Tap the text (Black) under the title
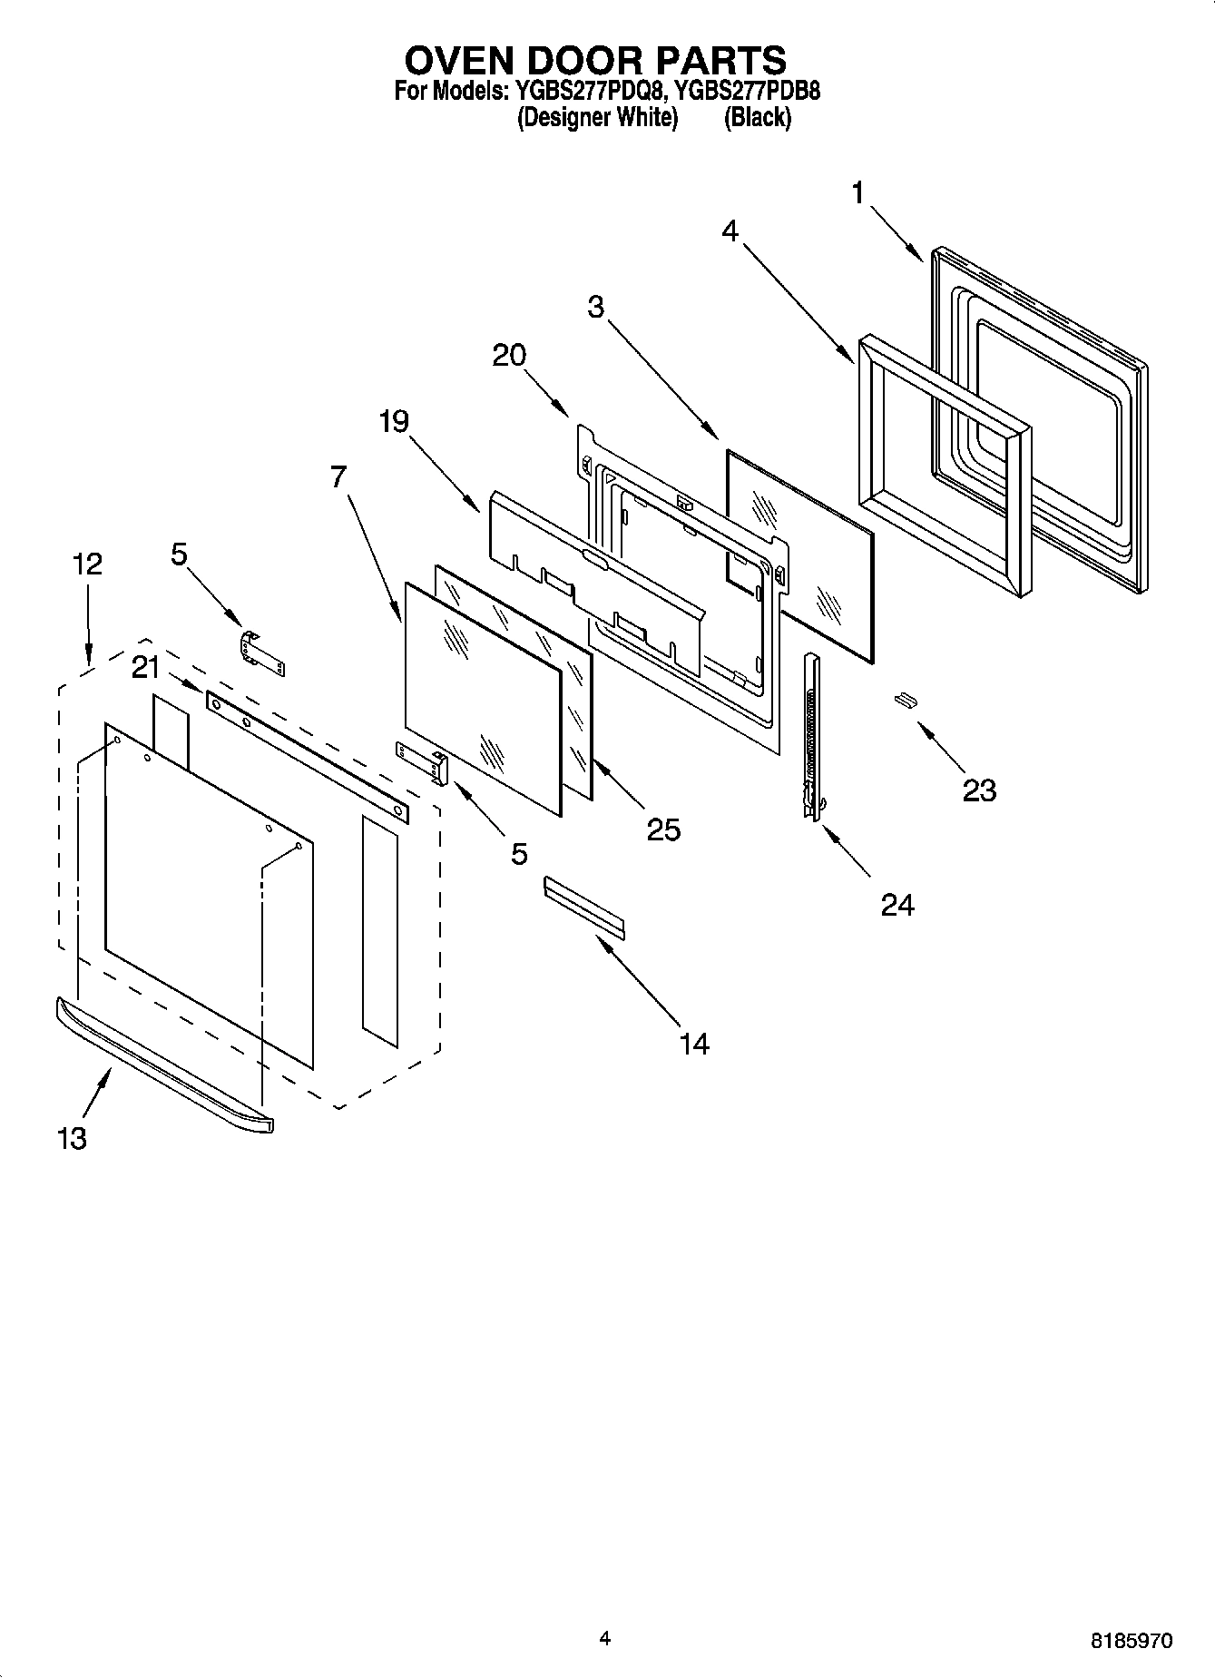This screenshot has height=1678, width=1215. [x=757, y=118]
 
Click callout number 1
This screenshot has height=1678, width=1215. [x=858, y=193]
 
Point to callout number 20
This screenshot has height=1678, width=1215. [x=509, y=355]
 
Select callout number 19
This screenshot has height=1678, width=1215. [x=394, y=421]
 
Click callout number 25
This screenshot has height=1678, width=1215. [x=663, y=829]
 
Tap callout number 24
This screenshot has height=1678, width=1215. [x=897, y=904]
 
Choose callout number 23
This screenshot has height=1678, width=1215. [x=979, y=790]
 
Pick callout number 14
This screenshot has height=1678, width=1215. [x=693, y=1045]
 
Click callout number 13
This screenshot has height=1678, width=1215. [x=72, y=1138]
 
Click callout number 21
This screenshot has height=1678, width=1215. [x=145, y=668]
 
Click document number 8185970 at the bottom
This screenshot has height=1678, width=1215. [x=1131, y=1641]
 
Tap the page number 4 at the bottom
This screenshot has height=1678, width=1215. [x=605, y=1638]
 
